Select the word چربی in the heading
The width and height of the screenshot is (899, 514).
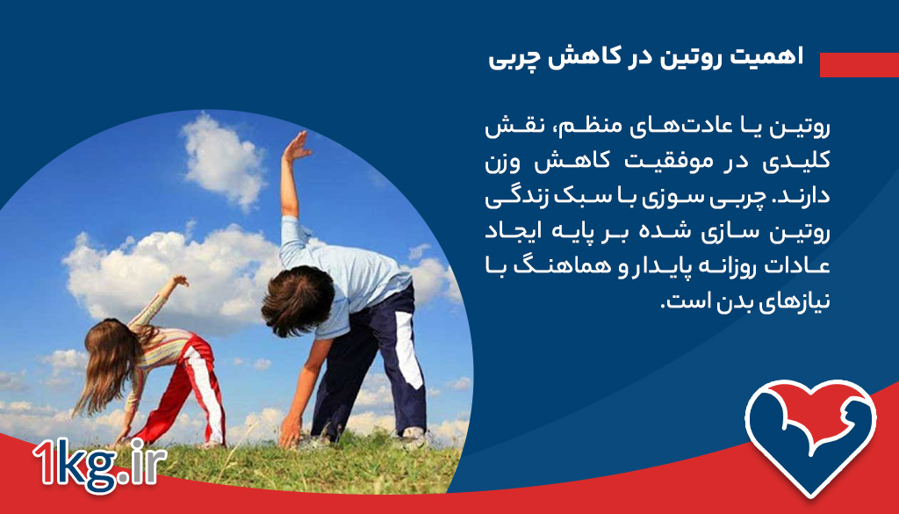(x=514, y=58)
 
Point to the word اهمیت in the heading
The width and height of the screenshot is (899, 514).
(x=775, y=58)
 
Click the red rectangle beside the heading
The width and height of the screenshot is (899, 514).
(x=859, y=64)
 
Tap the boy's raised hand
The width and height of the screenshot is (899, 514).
(x=296, y=147)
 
